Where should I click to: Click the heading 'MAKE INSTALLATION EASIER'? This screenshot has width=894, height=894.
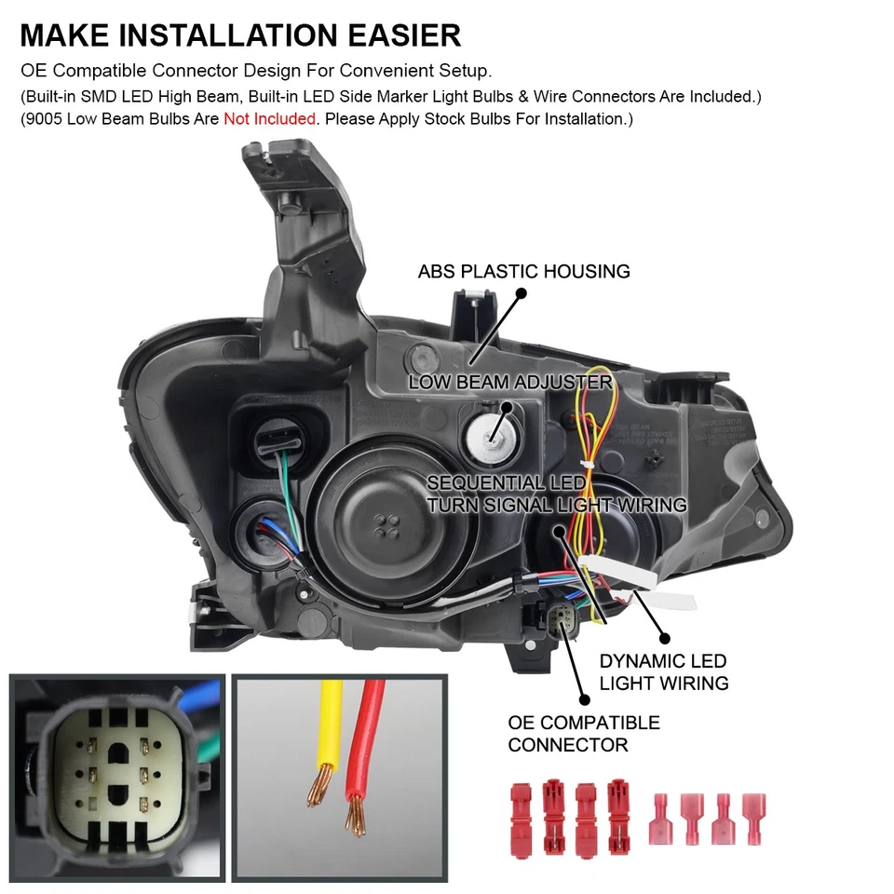pos(240,34)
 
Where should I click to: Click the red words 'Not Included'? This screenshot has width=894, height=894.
pos(269,119)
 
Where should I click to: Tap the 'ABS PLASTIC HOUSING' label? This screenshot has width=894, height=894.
pos(523,272)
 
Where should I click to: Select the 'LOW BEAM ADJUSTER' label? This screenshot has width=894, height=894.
pos(509,383)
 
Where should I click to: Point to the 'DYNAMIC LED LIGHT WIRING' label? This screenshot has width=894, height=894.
pos(663,672)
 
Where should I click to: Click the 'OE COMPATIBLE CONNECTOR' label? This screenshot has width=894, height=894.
pos(584,733)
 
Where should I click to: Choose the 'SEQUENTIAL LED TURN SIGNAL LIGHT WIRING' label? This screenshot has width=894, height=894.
pos(556,494)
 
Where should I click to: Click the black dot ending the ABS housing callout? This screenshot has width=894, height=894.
pos(521,292)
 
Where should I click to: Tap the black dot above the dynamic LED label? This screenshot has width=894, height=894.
pos(665,639)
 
